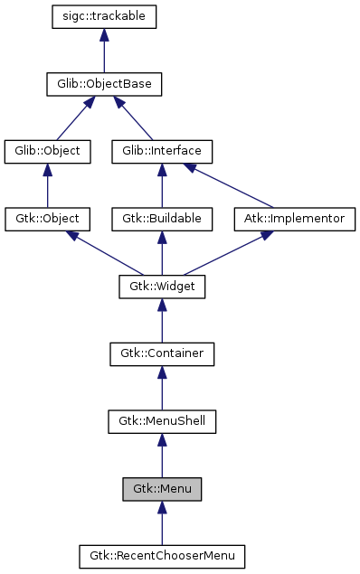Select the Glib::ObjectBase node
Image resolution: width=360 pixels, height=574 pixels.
pos(105,85)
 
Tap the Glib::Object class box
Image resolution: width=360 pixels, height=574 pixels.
pos(48,151)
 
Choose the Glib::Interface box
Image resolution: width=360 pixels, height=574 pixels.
pos(162,151)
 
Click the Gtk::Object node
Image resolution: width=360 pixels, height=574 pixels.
pos(48,219)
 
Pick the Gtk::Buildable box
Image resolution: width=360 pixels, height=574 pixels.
pos(162,219)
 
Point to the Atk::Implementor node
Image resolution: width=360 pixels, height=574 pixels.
pos(295,219)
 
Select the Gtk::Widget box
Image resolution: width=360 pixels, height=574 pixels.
pos(162,287)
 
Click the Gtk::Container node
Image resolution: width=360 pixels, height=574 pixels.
pos(162,353)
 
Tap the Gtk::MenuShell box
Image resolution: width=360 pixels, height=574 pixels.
pos(162,420)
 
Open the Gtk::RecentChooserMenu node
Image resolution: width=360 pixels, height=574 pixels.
pos(162,554)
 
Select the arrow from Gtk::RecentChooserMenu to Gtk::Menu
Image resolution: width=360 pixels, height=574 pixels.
pos(162,522)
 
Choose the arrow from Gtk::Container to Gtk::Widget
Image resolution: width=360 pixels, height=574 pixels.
pos(162,320)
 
